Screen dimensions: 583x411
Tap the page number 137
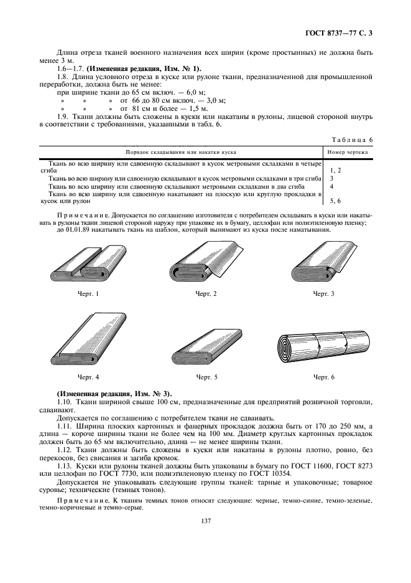click(205, 520)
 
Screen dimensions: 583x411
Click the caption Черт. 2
click(206, 293)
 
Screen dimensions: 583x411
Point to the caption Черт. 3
click(323, 293)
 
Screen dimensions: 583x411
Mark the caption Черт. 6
click(323, 377)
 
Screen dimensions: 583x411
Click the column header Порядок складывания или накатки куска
click(180, 151)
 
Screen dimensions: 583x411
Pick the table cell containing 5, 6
click(335, 201)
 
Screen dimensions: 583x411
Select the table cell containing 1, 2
click(335, 169)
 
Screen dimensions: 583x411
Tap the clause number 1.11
click(65, 426)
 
